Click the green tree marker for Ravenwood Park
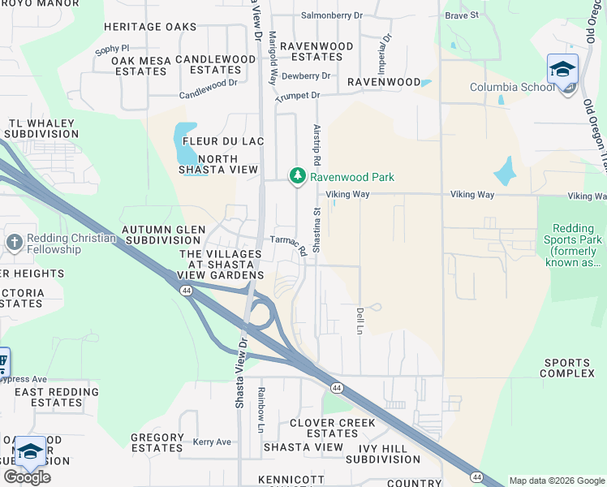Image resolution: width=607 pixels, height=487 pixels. (x=298, y=176)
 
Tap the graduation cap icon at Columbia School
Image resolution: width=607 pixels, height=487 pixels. (x=562, y=68)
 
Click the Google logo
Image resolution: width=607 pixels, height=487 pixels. (x=27, y=477)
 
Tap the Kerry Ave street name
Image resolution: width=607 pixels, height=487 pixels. (x=212, y=442)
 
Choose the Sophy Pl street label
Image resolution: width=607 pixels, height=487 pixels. (x=112, y=50)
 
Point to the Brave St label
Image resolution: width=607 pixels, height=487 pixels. (x=463, y=15)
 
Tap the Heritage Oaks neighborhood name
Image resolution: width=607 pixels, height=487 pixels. (x=150, y=27)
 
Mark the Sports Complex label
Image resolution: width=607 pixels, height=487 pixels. (x=569, y=368)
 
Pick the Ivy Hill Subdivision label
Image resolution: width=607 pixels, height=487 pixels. (x=384, y=453)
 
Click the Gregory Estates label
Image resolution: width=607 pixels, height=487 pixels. (x=157, y=442)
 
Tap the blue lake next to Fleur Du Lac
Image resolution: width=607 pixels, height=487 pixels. (x=185, y=144)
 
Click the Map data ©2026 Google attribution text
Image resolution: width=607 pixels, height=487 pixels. (x=556, y=481)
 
